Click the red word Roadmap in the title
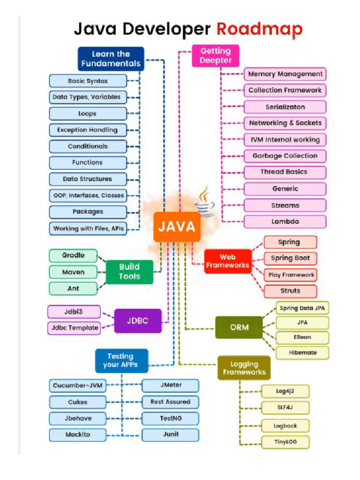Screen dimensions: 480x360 [259, 30]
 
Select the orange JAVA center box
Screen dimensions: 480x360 [177, 227]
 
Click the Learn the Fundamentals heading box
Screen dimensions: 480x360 [111, 59]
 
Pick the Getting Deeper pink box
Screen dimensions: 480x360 [216, 56]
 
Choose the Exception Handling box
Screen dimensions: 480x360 [88, 130]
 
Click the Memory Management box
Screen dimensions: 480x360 [285, 74]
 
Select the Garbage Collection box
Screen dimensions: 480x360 [285, 156]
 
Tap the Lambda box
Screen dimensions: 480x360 [285, 222]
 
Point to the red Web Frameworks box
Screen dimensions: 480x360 [227, 261]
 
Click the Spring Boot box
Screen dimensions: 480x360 [290, 258]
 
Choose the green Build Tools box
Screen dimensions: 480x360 [129, 272]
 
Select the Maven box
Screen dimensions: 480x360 [73, 272]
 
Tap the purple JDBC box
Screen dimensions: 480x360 [138, 321]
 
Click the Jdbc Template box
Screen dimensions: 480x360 [75, 328]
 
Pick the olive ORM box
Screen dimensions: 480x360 [239, 327]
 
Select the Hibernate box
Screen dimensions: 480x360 [302, 352]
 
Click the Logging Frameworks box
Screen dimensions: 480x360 [244, 368]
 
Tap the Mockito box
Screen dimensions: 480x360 [78, 435]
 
